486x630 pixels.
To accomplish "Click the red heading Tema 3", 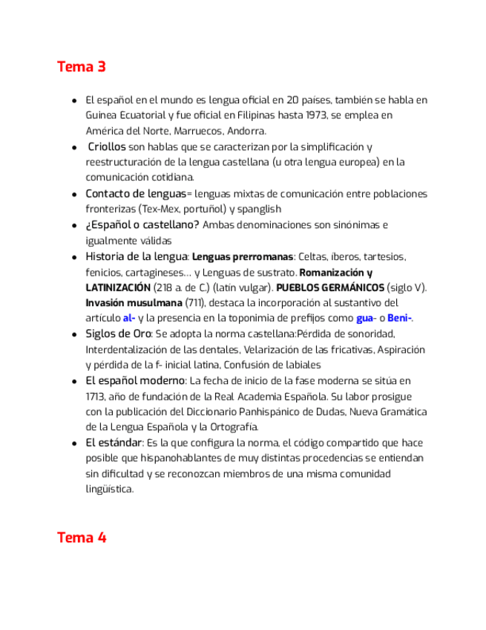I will tap(82, 67).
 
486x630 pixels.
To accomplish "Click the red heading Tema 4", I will tap(82, 537).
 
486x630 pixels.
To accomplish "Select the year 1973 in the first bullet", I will tap(315, 115).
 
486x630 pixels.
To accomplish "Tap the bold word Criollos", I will tap(107, 146).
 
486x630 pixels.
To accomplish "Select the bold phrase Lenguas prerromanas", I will tap(243, 257).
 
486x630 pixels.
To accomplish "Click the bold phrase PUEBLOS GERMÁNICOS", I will tap(330, 288).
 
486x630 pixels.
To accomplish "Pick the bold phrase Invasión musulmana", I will tap(134, 303).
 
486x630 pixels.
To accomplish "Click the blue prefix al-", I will tap(129, 319).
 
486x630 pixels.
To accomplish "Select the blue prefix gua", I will tap(364, 319).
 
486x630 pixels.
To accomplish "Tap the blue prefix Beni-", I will tap(399, 319).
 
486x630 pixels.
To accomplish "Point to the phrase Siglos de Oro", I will tap(118, 334).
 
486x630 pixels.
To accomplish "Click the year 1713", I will tap(96, 397).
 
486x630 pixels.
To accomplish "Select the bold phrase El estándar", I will tap(114, 443).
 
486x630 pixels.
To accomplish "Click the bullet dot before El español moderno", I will tap(73, 381).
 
